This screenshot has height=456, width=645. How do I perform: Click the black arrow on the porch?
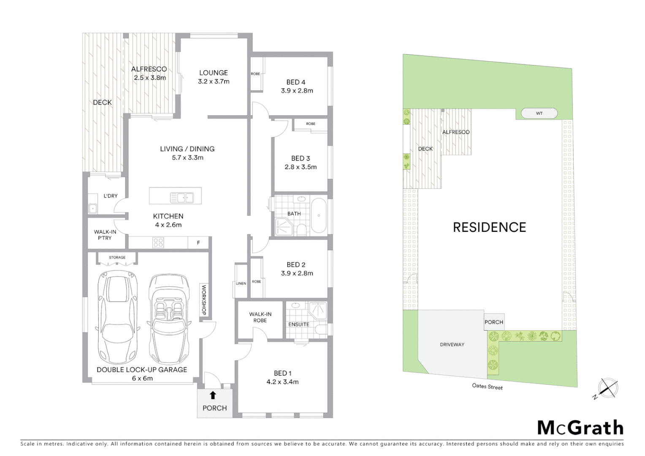[x=213, y=395]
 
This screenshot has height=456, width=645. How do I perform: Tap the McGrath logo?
[x=580, y=428]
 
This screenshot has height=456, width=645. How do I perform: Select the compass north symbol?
[x=607, y=388]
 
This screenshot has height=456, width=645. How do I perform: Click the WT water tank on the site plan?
[x=539, y=113]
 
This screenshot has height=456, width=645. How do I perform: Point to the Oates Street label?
[x=487, y=386]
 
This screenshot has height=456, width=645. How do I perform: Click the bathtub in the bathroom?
[x=318, y=215]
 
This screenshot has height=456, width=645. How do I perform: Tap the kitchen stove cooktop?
[x=158, y=242]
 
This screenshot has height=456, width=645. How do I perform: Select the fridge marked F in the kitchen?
[x=198, y=243]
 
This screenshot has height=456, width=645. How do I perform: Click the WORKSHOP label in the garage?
[x=203, y=300]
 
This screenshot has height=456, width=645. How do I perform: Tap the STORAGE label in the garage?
[x=117, y=257]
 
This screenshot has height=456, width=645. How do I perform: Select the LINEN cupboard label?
[x=241, y=283]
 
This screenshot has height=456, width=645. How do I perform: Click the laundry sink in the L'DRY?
[x=93, y=208]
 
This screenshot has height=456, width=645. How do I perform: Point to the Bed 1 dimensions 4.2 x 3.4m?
[x=282, y=382]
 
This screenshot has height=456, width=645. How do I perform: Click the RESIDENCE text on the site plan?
[x=489, y=227]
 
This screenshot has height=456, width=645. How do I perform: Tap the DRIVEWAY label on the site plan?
[x=452, y=345]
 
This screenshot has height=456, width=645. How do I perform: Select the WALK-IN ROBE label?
[x=260, y=317]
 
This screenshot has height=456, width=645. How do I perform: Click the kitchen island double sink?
[x=182, y=197]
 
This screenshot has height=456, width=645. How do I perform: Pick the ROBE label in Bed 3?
[x=311, y=124]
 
